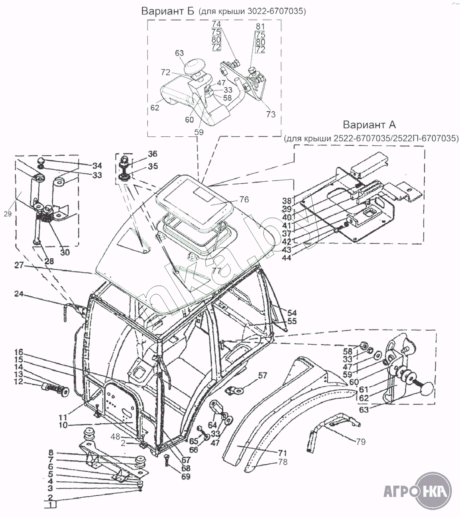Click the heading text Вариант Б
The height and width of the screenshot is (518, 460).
pyautogui.click(x=168, y=11)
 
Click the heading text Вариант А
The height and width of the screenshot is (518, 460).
pyautogui.click(x=370, y=125)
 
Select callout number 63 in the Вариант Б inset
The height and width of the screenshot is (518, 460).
pyautogui.click(x=179, y=53)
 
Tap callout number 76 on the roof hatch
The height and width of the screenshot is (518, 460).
pyautogui.click(x=244, y=199)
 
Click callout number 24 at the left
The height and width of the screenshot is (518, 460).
pyautogui.click(x=20, y=294)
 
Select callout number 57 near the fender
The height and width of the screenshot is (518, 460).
pyautogui.click(x=262, y=375)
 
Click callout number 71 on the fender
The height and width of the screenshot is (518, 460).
pyautogui.click(x=282, y=453)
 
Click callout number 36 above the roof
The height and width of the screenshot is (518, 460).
pyautogui.click(x=152, y=154)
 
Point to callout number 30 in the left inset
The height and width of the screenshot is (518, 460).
pyautogui.click(x=65, y=252)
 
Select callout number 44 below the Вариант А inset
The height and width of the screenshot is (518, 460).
pyautogui.click(x=298, y=258)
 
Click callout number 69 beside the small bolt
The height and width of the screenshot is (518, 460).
pyautogui.click(x=185, y=476)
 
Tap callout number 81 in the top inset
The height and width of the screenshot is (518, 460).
pyautogui.click(x=261, y=26)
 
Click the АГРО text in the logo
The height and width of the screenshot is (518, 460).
pyautogui.click(x=399, y=491)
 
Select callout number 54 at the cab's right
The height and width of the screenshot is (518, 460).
pyautogui.click(x=292, y=313)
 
